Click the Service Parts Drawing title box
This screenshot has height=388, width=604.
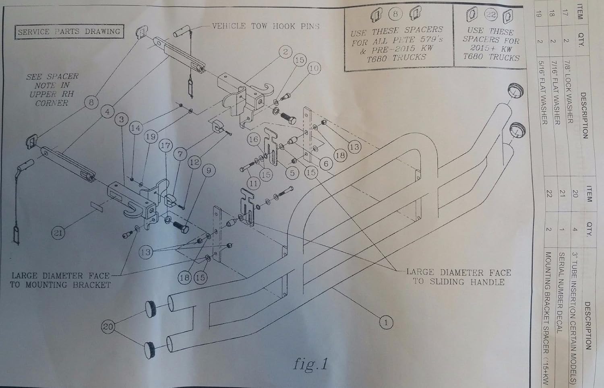pyautogui.click(x=69, y=32)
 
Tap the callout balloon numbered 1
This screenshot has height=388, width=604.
pyautogui.click(x=386, y=322)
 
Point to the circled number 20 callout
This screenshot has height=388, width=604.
pyautogui.click(x=108, y=327)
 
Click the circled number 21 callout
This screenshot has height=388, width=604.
pyautogui.click(x=58, y=233)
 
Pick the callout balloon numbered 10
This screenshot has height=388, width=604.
pyautogui.click(x=314, y=68)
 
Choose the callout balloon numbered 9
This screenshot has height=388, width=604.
pyautogui.click(x=209, y=171)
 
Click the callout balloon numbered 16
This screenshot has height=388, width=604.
pyautogui.click(x=253, y=139)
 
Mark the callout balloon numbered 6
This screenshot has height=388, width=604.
pyautogui.click(x=326, y=163)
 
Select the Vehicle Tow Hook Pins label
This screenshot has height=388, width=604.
pyautogui.click(x=266, y=26)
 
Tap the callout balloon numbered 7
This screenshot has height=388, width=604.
pyautogui.click(x=180, y=154)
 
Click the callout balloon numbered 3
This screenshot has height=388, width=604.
pyautogui.click(x=122, y=120)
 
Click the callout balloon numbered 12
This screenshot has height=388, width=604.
pyautogui.click(x=194, y=162)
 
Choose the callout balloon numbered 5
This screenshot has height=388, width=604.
pyautogui.click(x=293, y=173)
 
